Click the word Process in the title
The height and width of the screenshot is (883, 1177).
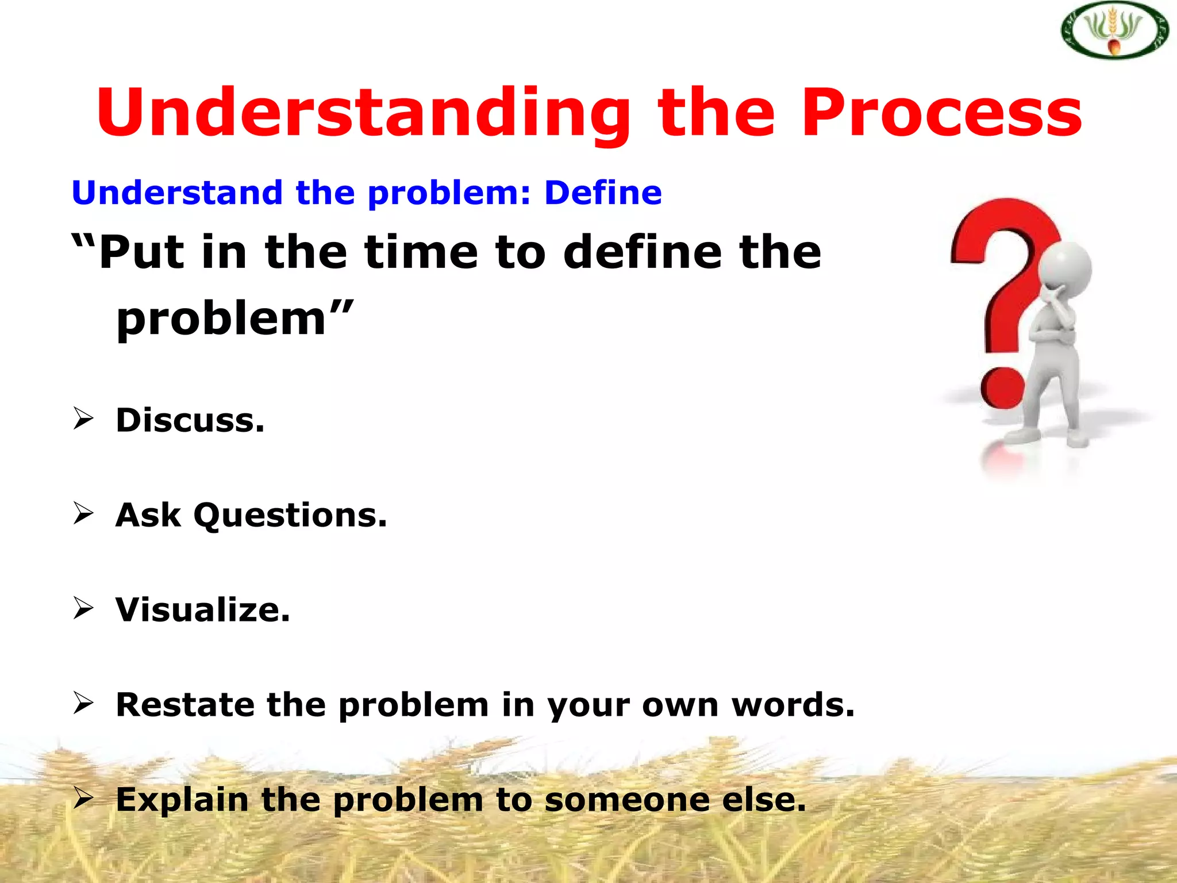click(941, 113)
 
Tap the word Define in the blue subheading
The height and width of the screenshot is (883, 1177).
click(603, 193)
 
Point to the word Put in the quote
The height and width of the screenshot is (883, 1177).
click(141, 253)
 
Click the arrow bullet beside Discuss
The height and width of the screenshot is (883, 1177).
click(83, 419)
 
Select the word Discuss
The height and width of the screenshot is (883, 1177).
click(190, 420)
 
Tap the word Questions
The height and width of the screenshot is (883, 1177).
click(290, 515)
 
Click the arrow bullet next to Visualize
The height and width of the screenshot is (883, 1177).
click(83, 608)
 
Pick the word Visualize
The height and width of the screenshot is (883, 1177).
click(203, 610)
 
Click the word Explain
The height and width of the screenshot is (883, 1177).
click(182, 800)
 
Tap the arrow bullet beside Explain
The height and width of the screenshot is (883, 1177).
click(83, 798)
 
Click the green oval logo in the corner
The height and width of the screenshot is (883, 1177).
click(1113, 30)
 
